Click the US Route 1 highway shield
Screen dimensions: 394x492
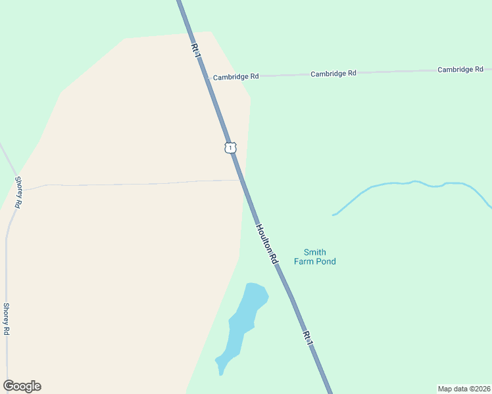230,147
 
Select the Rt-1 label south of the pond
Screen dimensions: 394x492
307,336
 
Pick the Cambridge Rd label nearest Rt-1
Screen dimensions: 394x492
235,76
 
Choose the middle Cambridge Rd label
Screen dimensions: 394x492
333,74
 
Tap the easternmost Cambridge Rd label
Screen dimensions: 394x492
460,69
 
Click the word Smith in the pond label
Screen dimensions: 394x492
314,252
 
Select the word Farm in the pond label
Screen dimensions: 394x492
305,261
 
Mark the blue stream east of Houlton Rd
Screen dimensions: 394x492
408,183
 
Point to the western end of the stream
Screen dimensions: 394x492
335,214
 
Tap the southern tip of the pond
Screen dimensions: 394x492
221,372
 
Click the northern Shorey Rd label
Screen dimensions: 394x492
18,192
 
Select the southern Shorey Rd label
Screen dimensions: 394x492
6,319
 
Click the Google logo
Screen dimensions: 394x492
22,386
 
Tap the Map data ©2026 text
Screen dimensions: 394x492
464,389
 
